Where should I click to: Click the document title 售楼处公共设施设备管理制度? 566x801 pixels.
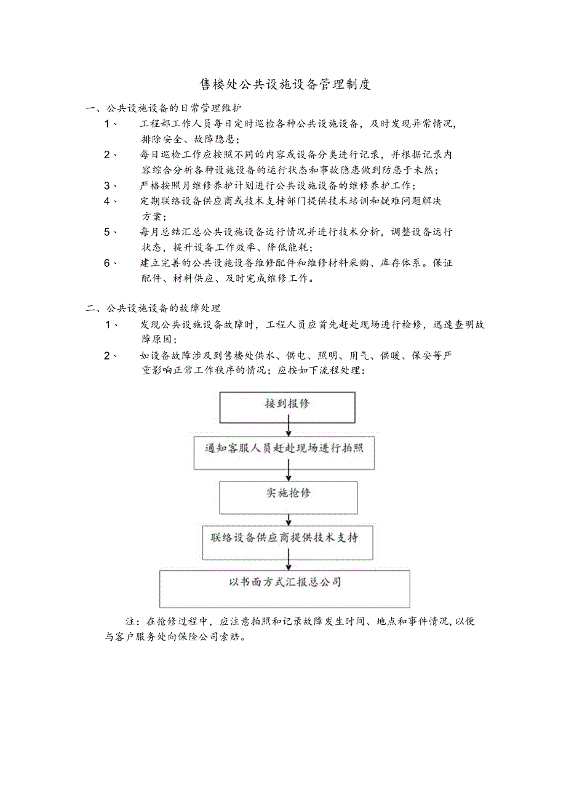point(285,84)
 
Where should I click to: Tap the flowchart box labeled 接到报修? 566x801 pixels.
point(287,407)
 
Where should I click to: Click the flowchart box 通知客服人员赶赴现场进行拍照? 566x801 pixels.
point(284,453)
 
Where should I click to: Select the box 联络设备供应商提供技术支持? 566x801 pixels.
point(287,542)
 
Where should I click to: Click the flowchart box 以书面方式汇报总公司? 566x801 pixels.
point(284,589)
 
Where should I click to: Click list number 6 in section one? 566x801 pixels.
point(107,263)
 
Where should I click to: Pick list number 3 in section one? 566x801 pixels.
point(107,185)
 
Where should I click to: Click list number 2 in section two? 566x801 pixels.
point(107,355)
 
